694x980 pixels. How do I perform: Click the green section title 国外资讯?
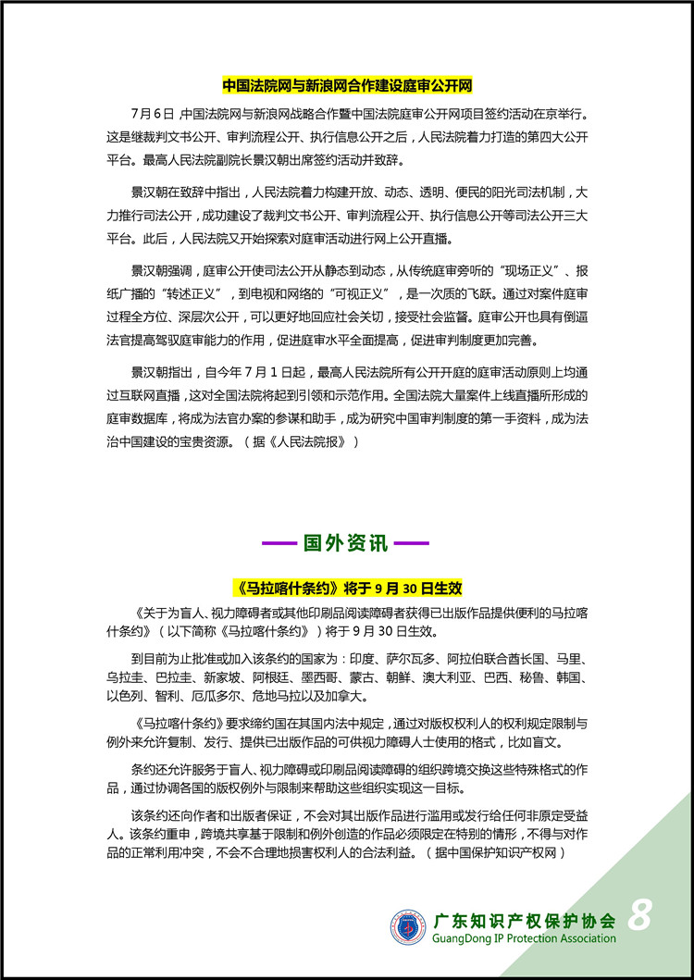click(346, 543)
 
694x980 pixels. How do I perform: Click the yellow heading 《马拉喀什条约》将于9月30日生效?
click(346, 588)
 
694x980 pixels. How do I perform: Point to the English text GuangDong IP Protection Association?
click(524, 938)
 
